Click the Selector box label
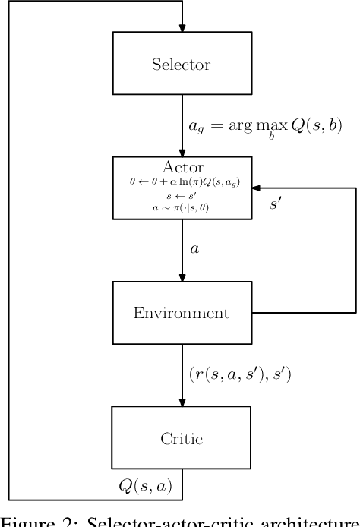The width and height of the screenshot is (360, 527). tap(182, 64)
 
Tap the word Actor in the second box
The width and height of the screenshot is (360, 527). tap(182, 166)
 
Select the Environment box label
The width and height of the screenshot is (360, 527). tap(182, 313)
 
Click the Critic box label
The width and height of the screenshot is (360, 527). tap(182, 438)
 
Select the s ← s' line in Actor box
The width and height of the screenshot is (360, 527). tap(182, 194)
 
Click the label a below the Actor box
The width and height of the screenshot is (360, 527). tap(194, 248)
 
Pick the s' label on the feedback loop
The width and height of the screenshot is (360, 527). tap(276, 205)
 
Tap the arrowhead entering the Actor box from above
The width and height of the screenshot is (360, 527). tap(182, 151)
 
